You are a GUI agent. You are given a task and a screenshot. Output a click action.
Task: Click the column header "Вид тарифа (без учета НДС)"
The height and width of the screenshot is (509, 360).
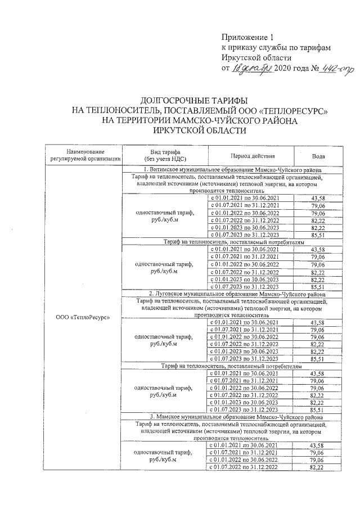point(165,155)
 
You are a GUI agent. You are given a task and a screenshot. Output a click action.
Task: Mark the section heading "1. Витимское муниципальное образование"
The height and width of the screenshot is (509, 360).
point(232,170)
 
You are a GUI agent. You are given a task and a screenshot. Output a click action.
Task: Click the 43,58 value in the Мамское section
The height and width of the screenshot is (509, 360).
point(318,445)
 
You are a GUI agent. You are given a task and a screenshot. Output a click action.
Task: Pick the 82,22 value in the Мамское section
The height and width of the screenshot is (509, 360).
point(318,467)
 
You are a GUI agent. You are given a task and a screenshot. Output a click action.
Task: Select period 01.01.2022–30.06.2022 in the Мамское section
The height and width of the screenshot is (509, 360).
point(243,460)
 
